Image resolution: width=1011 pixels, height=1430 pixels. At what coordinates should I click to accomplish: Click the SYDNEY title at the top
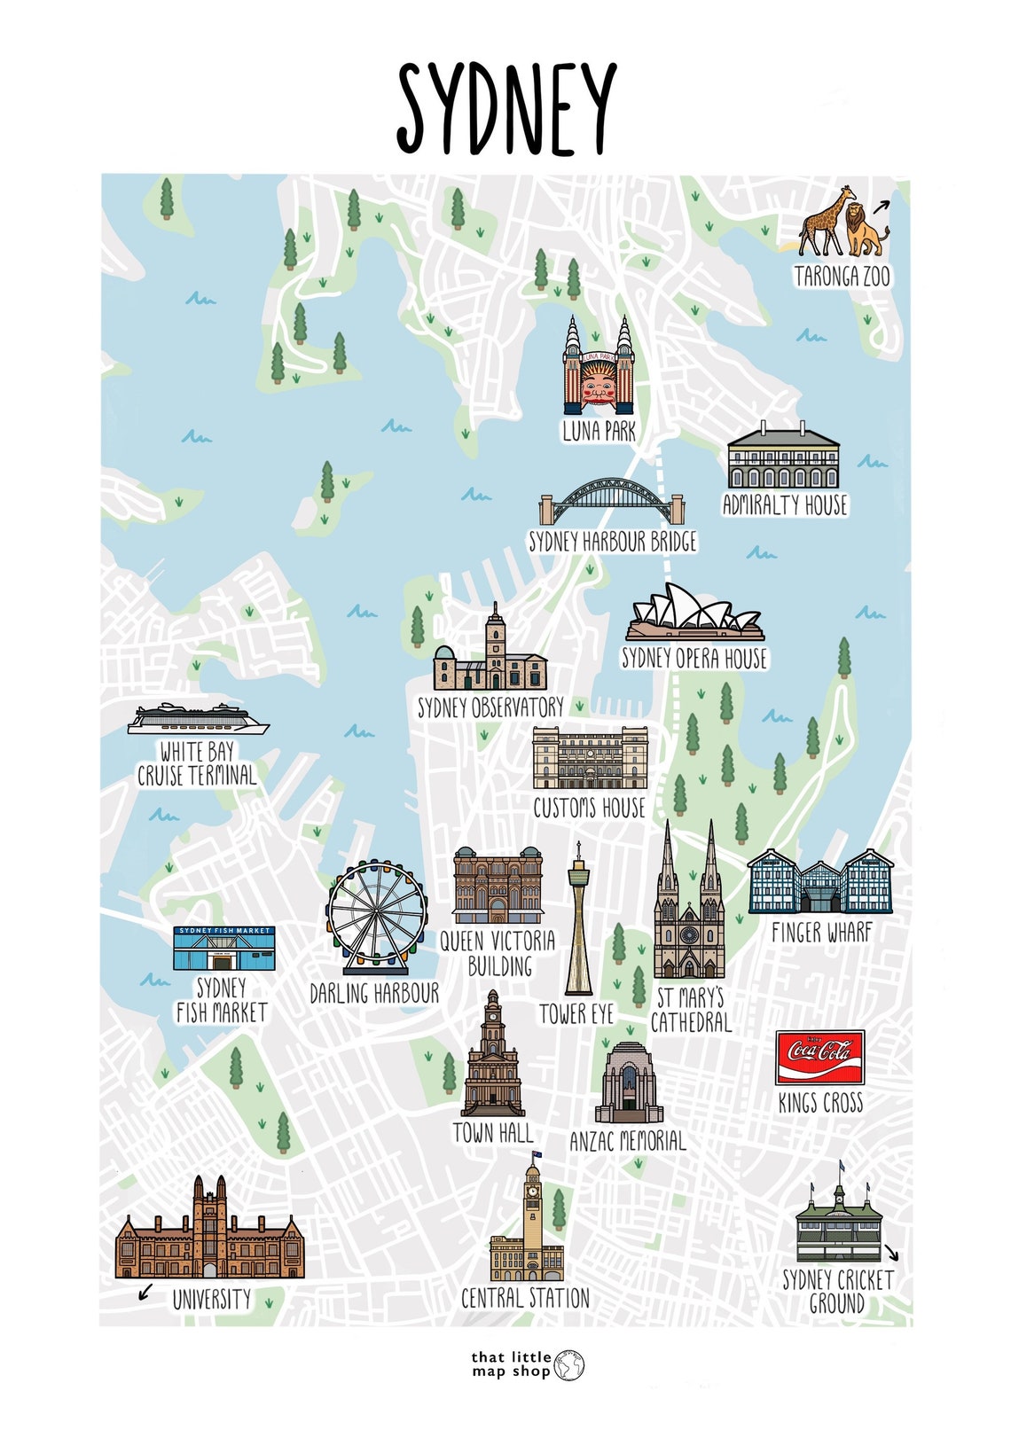505,109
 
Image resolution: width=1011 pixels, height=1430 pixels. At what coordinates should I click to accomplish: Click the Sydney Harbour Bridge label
613,542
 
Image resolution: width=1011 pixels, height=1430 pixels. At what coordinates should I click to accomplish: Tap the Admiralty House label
785,505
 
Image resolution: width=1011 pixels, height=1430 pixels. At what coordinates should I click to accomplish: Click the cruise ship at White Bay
197,719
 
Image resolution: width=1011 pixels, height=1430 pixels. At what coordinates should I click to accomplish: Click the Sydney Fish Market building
223,949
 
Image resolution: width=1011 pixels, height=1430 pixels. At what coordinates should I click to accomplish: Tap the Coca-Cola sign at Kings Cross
819,1057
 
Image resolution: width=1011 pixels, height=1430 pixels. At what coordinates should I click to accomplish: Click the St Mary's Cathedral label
691,1010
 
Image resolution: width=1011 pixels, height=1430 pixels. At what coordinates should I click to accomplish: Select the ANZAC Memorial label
628,1141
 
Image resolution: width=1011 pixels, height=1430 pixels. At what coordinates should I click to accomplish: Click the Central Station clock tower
532,1210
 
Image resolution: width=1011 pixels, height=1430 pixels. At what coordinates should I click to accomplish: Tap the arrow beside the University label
145,1293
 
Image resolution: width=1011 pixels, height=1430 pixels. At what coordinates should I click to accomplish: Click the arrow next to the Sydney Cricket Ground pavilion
891,1253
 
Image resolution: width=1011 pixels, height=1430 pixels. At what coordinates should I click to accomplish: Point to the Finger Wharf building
819,882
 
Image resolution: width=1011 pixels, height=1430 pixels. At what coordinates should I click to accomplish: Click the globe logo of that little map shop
569,1365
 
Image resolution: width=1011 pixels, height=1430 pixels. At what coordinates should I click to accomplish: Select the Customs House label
589,808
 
